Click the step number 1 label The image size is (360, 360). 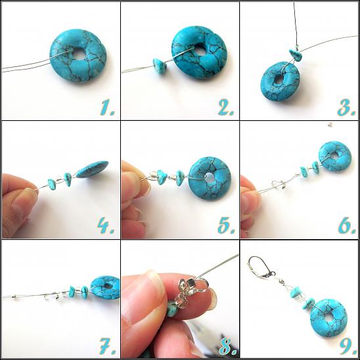tap(107, 108)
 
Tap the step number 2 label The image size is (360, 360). tap(226, 108)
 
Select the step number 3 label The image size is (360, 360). tap(346, 108)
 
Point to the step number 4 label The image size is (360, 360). tap(106, 225)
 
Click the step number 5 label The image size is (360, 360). tap(226, 226)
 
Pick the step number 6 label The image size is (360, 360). tap(347, 226)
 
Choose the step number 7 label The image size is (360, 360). tap(107, 346)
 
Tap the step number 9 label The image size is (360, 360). tap(348, 346)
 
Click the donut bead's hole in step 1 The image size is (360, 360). tap(79, 55)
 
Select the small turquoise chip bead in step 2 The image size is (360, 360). tap(160, 66)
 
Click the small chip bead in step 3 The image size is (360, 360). tap(295, 55)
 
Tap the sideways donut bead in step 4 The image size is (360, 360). tap(92, 169)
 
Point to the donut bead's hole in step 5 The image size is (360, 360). tap(210, 178)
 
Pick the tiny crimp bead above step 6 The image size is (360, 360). tap(330, 124)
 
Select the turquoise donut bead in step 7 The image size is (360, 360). tap(105, 288)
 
